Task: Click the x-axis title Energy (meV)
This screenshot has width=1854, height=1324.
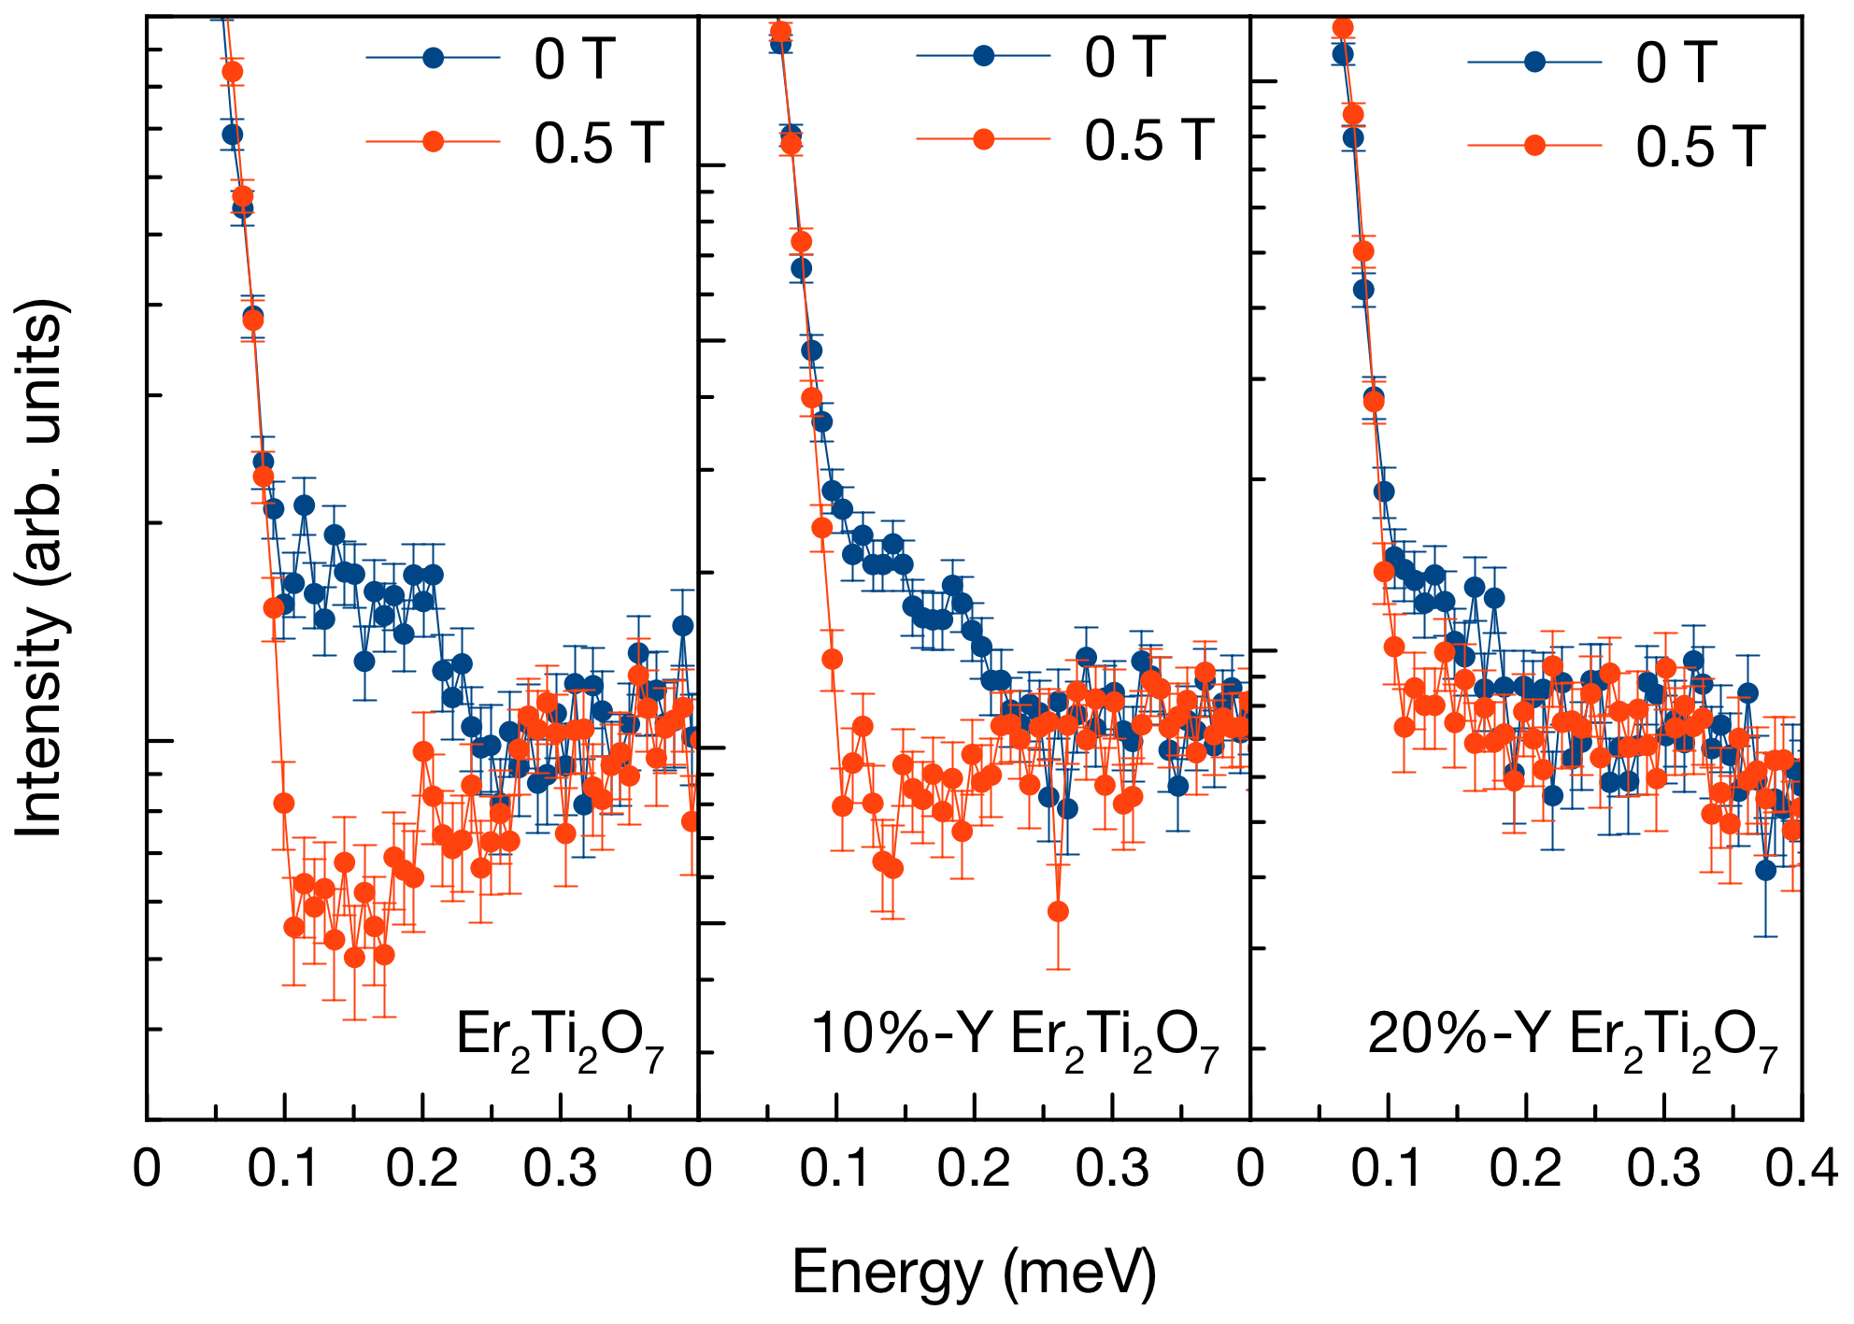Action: [x=974, y=1273]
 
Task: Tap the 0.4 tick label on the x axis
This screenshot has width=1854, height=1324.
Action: [x=1802, y=1169]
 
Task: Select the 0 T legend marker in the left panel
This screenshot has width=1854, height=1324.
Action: [x=433, y=58]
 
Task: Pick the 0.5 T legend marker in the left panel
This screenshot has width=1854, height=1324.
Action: [x=433, y=142]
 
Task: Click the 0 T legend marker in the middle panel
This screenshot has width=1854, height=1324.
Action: [x=983, y=56]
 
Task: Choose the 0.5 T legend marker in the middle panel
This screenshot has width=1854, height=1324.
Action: [x=983, y=140]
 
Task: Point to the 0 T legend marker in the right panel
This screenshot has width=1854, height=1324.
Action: [x=1534, y=62]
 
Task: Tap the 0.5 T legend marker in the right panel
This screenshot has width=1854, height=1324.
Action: [x=1534, y=146]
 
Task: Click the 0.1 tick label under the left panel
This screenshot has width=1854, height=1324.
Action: [x=283, y=1169]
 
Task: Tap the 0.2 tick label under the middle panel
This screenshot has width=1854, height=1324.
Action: [x=974, y=1169]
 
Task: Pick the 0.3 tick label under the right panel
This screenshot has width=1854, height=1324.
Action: [x=1663, y=1169]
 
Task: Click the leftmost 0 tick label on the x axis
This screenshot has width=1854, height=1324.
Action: [x=147, y=1169]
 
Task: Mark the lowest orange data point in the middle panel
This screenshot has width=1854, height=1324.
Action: [x=1058, y=911]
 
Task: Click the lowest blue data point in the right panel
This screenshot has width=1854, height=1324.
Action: [x=1765, y=870]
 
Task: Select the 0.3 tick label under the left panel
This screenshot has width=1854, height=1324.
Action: [x=560, y=1169]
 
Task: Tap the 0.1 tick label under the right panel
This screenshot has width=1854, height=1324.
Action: [x=1388, y=1169]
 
